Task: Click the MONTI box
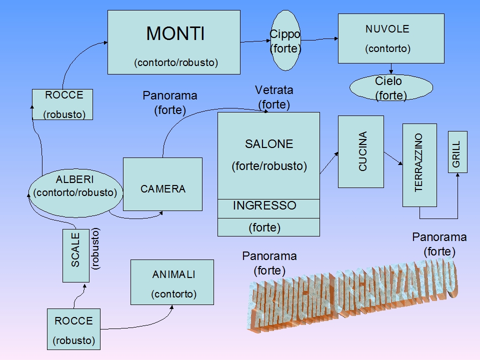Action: click(173, 42)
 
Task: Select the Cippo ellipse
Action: click(285, 41)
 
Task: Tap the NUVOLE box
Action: click(391, 38)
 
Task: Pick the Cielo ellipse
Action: click(390, 88)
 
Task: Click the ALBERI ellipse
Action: click(75, 185)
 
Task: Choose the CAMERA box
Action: click(162, 184)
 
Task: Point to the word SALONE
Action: click(268, 144)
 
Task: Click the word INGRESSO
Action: click(264, 205)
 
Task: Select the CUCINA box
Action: click(360, 151)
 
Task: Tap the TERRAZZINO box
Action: click(419, 164)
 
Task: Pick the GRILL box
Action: click(457, 152)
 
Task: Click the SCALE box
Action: click(76, 255)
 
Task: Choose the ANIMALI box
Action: click(172, 282)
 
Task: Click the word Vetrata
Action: click(274, 90)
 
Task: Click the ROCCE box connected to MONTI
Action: click(63, 104)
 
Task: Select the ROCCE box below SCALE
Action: click(73, 329)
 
